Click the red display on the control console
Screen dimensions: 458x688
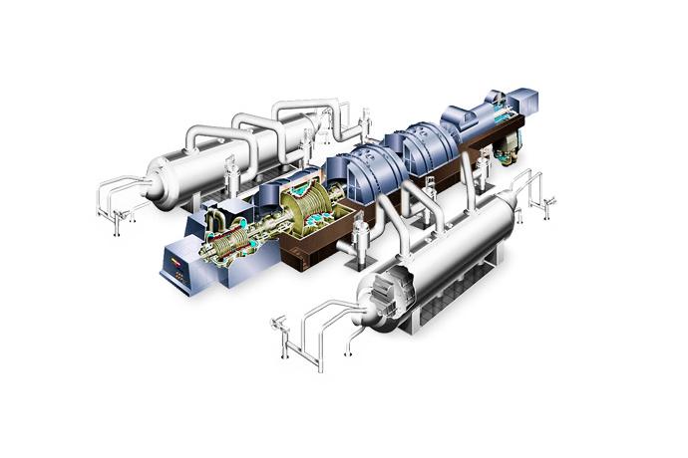(x=178, y=257)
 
